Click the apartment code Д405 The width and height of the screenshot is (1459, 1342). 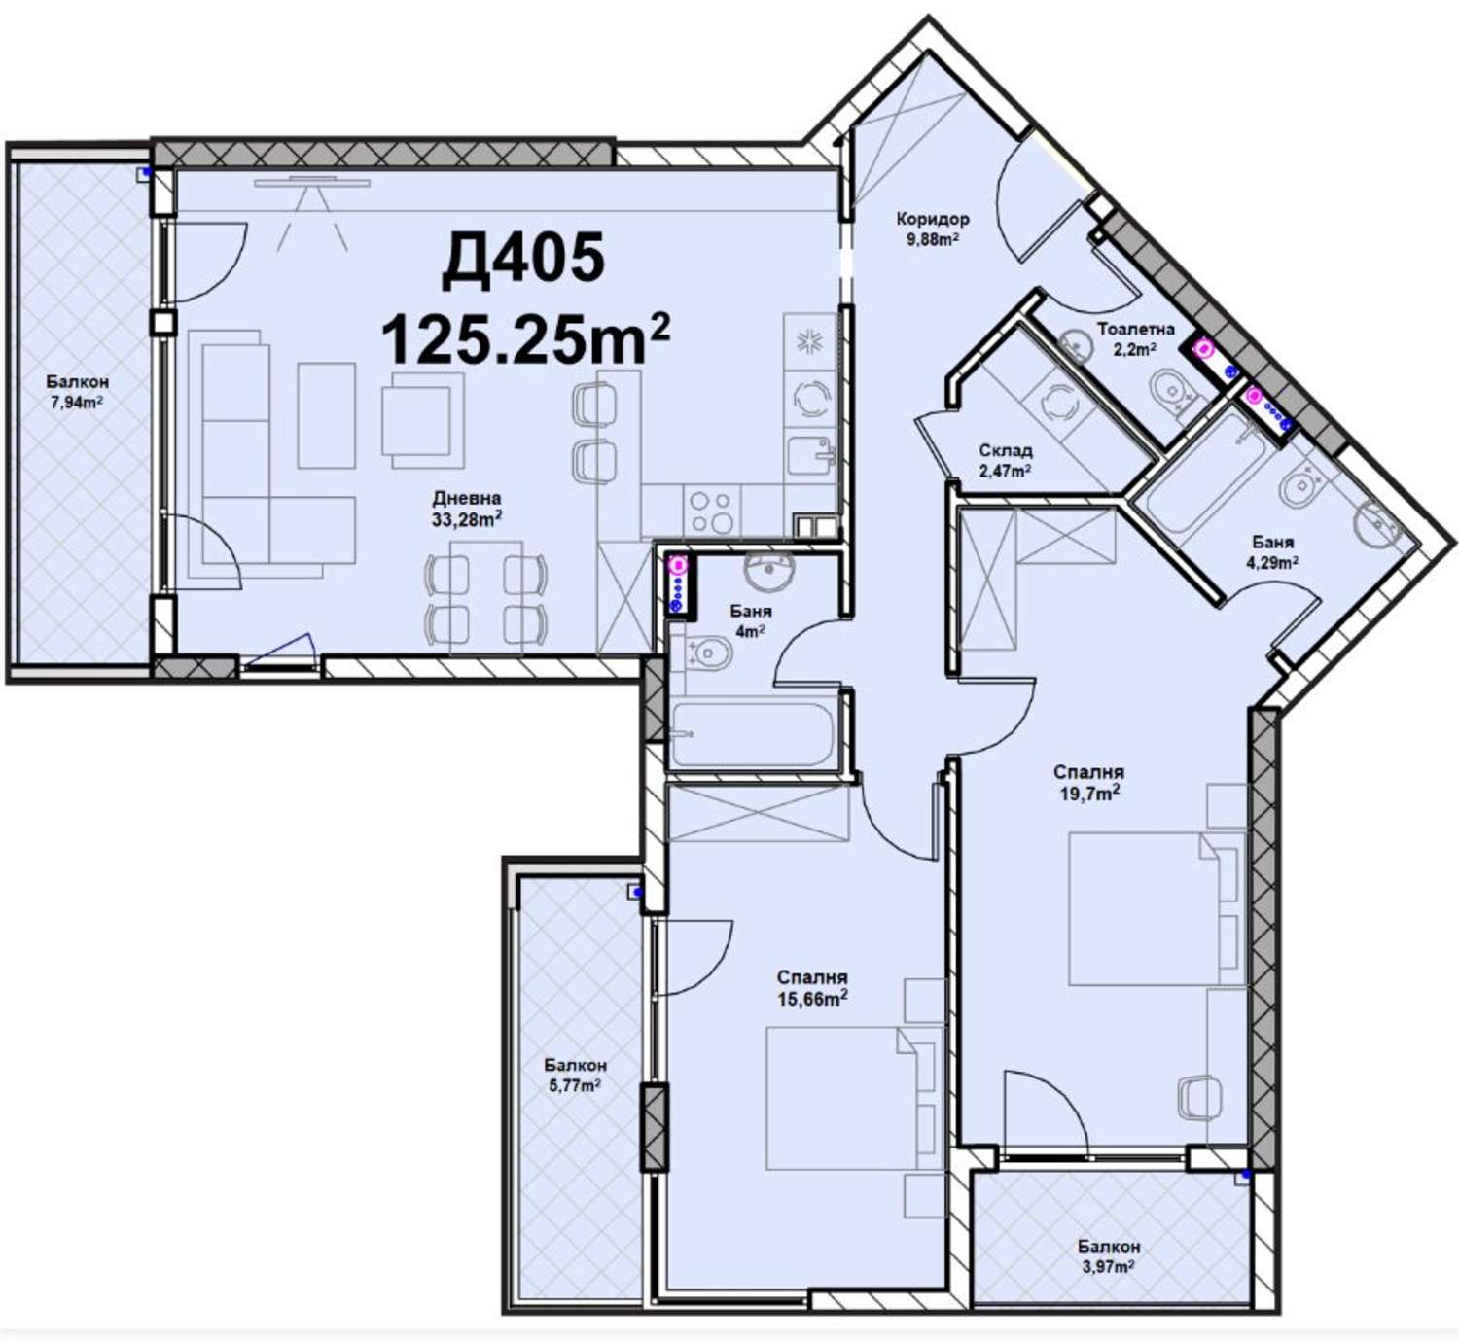(523, 259)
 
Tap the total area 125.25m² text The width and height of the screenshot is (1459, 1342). (525, 338)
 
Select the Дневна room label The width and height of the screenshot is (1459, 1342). (467, 498)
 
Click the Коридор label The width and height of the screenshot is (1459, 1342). (933, 218)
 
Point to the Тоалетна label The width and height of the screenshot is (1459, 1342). (1135, 329)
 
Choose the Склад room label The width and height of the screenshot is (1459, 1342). (1006, 450)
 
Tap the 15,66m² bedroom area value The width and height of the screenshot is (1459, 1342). (812, 999)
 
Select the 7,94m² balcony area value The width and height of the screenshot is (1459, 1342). (77, 403)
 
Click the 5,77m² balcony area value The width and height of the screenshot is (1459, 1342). (575, 1086)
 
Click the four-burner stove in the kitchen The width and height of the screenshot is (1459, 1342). (711, 512)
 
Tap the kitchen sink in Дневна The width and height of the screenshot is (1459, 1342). (811, 457)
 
